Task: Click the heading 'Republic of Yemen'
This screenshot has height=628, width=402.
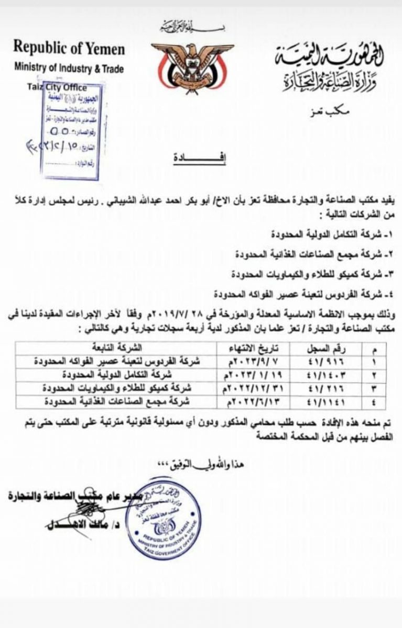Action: (69, 49)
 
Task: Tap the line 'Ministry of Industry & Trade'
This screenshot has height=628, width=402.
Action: (69, 68)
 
